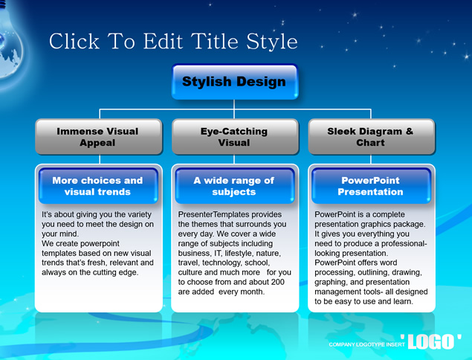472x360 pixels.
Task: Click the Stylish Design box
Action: tap(235, 82)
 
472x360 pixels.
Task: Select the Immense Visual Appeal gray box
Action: tap(99, 137)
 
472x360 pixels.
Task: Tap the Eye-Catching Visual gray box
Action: tap(235, 137)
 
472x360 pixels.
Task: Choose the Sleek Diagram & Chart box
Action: tap(372, 137)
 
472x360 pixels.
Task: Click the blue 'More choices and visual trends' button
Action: tap(98, 186)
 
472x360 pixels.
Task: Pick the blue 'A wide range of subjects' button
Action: tap(235, 186)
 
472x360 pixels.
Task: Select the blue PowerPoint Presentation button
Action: tap(371, 186)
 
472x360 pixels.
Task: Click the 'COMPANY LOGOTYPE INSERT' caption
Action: tap(366, 344)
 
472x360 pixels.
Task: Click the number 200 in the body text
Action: tap(277, 282)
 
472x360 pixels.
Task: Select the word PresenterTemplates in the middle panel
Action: tap(213, 214)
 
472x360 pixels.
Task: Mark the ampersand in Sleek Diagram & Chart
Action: tap(409, 132)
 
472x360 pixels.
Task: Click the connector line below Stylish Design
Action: tap(234, 109)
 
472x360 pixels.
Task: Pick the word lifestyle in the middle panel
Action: tap(242, 254)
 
